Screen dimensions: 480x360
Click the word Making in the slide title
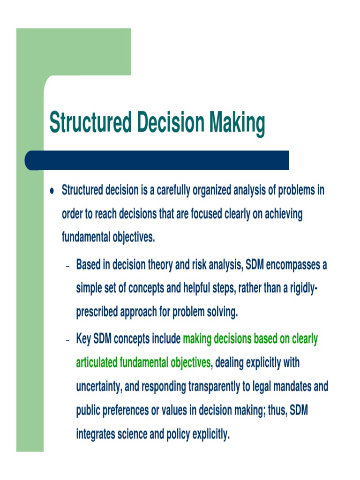237,123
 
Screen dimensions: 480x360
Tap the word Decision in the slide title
171,123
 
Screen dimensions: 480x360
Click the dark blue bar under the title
157,160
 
